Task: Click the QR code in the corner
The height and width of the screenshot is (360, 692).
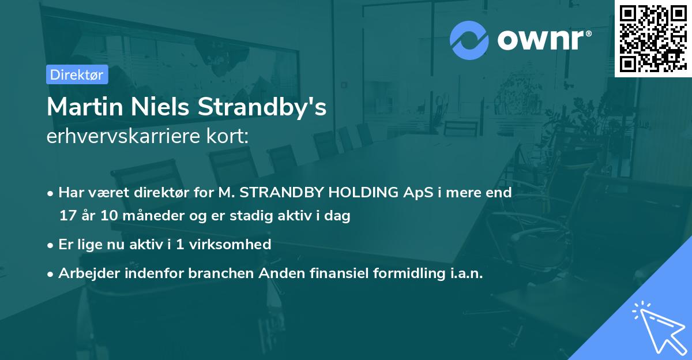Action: coord(653,38)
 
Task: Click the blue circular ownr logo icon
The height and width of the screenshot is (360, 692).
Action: coord(469,40)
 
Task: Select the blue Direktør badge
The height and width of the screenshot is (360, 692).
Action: coord(77,74)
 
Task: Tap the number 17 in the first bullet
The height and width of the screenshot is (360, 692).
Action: coord(67,216)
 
